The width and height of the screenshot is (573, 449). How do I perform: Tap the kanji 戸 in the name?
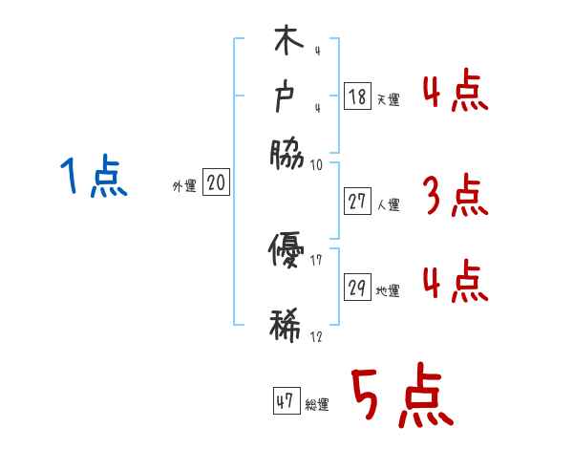[286, 98]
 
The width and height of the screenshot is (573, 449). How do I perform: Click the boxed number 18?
[357, 96]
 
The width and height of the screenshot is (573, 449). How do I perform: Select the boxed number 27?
[358, 202]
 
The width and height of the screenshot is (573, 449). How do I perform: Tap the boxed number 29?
[358, 288]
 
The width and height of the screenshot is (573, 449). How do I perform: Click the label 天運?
[389, 99]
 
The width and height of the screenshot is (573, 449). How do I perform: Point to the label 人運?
[389, 204]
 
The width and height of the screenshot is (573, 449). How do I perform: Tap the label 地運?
[389, 290]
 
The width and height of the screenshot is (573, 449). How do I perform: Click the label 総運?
[317, 404]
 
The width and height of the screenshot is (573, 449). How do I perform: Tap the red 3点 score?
[455, 196]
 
